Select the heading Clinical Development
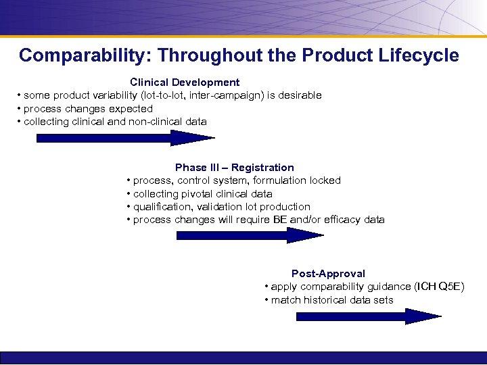tap(185, 82)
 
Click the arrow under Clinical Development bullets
tap(124, 138)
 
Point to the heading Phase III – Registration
tap(234, 167)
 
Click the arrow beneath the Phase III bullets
tap(250, 235)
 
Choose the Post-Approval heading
tap(328, 273)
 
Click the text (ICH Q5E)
tap(440, 287)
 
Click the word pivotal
tap(199, 193)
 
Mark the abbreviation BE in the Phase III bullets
tap(280, 220)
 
